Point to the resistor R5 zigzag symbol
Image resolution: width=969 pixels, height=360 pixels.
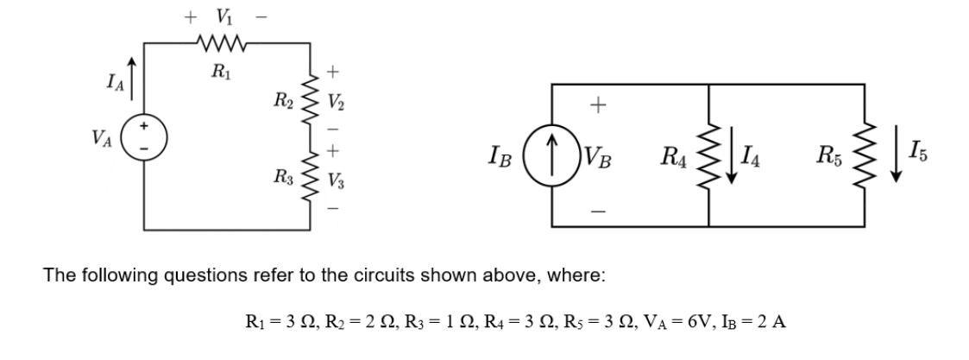tap(864, 155)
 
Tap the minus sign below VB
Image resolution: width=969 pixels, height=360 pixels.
tap(594, 209)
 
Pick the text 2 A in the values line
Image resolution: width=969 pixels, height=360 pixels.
tap(773, 323)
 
